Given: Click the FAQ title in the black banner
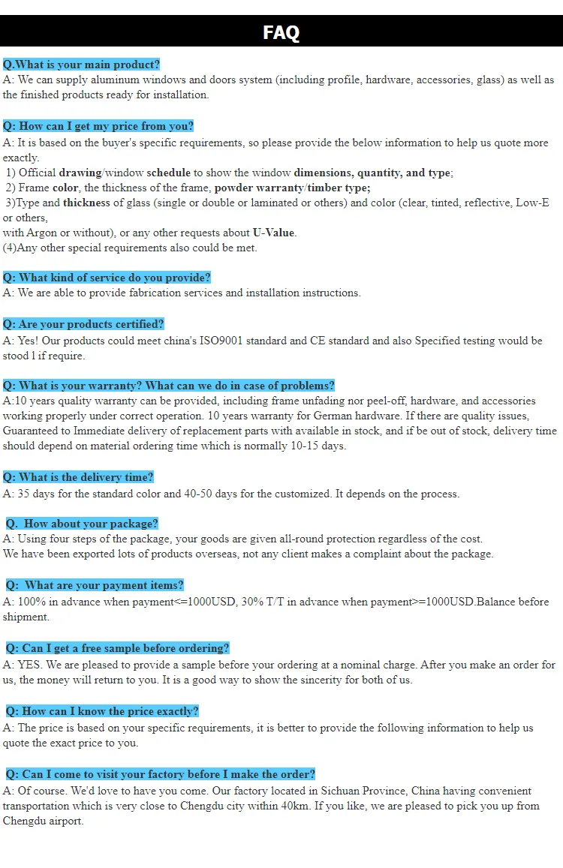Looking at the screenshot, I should tap(281, 32).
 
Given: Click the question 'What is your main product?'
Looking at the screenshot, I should tap(81, 65).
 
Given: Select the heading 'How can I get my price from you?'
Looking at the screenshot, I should tap(98, 126).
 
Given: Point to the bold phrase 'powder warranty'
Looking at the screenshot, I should tap(259, 188).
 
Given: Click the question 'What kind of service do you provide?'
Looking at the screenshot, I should tap(107, 278).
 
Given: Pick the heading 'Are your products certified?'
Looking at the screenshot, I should tap(83, 324).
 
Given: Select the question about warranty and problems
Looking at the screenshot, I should tap(168, 386).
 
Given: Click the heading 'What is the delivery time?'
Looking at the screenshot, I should tap(78, 477).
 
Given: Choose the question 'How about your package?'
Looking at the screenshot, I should tap(83, 524).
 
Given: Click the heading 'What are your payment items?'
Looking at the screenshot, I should tap(95, 585).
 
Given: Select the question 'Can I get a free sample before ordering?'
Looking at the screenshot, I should tap(118, 648).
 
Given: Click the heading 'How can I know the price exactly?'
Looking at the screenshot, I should tap(103, 711).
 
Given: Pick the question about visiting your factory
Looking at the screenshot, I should tap(161, 774).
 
